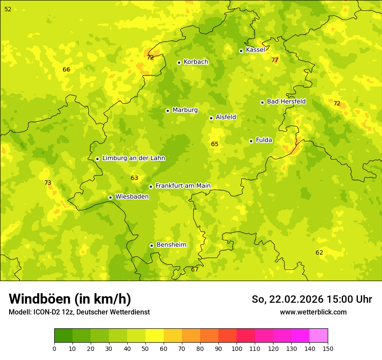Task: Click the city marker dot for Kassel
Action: (241, 51)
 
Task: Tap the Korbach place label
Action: (196, 62)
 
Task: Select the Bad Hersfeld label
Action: (286, 101)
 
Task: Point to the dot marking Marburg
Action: (168, 111)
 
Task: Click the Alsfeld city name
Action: (226, 117)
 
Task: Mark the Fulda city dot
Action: (251, 141)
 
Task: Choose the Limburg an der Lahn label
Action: (133, 158)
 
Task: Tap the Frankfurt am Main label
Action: (183, 186)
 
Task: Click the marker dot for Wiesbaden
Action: (110, 197)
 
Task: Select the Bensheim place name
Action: (171, 245)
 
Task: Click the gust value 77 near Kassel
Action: (275, 60)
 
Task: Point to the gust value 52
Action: (8, 9)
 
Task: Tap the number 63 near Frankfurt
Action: (135, 178)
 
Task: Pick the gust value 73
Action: (48, 183)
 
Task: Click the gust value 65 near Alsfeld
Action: (215, 144)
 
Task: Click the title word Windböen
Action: (40, 299)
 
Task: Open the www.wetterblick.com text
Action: (313, 312)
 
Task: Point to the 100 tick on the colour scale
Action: (237, 348)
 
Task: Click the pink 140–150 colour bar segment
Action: (319, 336)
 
